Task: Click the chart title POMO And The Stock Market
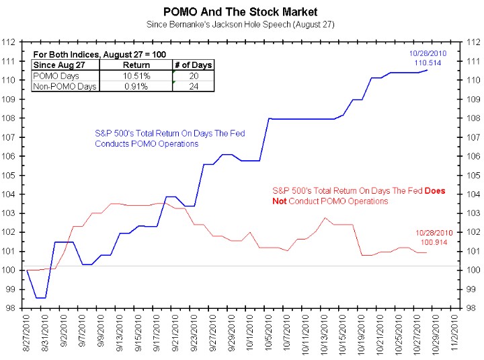pyautogui.click(x=241, y=11)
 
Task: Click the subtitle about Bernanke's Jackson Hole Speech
pyautogui.click(x=241, y=24)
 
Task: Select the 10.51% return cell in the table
pyautogui.click(x=136, y=75)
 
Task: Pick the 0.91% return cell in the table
pyautogui.click(x=136, y=86)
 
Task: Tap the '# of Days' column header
pyautogui.click(x=194, y=65)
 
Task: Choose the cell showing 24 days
pyautogui.click(x=194, y=86)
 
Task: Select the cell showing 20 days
pyautogui.click(x=194, y=75)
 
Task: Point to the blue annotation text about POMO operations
pyautogui.click(x=169, y=139)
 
